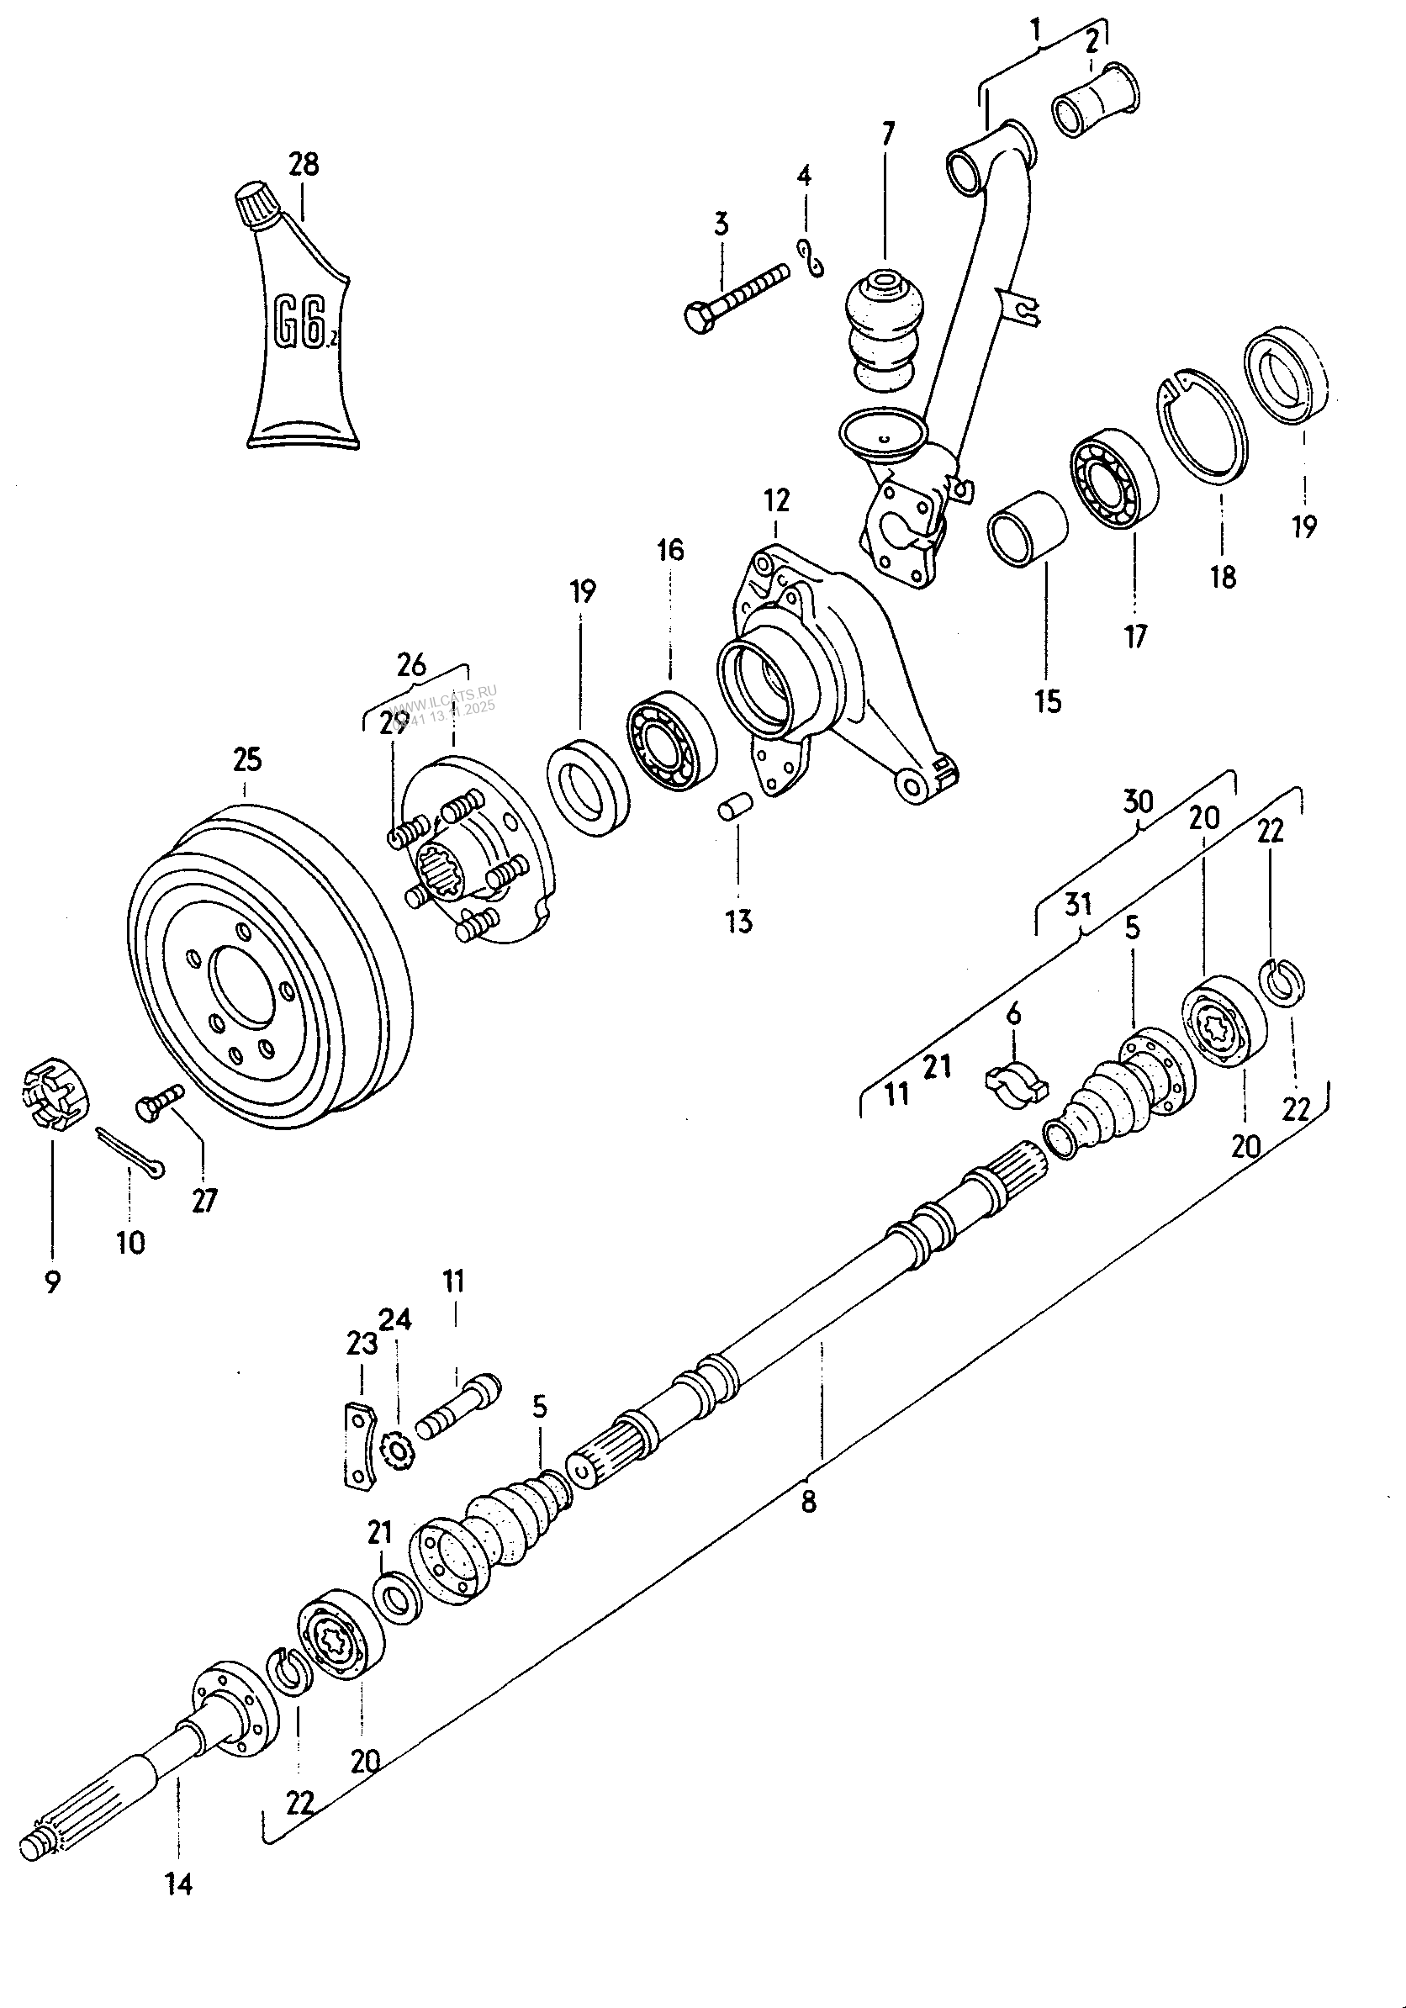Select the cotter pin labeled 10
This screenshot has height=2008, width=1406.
(129, 1151)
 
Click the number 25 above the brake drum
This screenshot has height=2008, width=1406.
(246, 759)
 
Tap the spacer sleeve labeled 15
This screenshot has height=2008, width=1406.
(1028, 529)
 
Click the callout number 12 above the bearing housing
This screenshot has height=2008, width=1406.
(775, 500)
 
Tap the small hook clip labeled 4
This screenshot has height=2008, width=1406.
(811, 260)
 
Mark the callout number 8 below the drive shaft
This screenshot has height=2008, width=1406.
(809, 1501)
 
